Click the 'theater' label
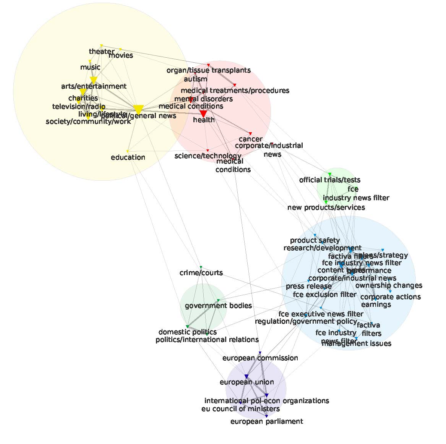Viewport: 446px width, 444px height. point(101,52)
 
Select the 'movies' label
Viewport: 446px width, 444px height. point(121,56)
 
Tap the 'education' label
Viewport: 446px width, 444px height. point(128,157)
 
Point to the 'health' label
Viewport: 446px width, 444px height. point(204,120)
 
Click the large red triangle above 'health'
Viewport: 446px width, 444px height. point(203,113)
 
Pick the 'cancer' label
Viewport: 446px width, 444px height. point(250,139)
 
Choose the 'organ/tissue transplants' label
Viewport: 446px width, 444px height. point(209,70)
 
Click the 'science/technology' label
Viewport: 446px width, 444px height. point(208,156)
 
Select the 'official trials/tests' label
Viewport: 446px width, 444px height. point(329,180)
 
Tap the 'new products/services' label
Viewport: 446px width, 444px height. point(326,207)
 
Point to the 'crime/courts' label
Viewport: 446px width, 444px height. point(201,273)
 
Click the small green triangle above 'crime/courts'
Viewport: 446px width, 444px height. point(201,267)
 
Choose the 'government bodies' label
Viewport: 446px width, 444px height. point(218,306)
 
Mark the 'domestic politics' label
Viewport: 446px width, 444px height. point(187,332)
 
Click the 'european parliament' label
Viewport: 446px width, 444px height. point(267,421)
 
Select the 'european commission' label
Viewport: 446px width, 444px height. point(260,358)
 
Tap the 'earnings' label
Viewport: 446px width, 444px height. point(376,305)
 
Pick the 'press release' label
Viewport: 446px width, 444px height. point(309,286)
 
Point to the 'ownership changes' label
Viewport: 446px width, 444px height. point(389,285)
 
